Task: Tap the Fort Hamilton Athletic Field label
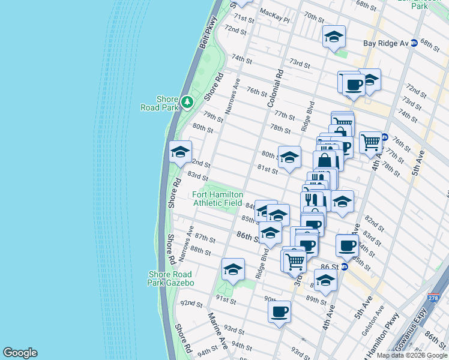(218, 199)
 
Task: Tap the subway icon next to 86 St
(345, 266)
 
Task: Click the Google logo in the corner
(20, 353)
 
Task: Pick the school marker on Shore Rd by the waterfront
(180, 152)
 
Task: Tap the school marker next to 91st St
(233, 269)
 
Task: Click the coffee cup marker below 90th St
(280, 312)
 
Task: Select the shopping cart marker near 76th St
(371, 143)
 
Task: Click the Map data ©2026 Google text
(412, 355)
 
